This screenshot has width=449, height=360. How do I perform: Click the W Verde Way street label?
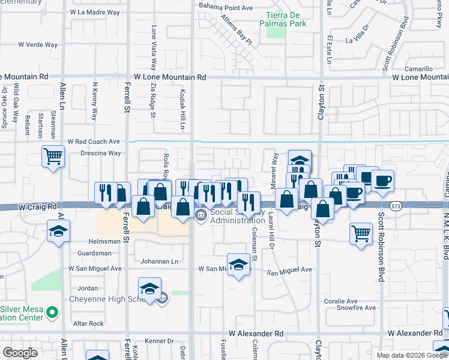38,44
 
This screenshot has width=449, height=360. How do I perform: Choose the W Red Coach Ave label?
94,142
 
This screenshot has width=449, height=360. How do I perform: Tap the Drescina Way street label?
101,153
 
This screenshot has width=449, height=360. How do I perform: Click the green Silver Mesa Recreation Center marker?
52,312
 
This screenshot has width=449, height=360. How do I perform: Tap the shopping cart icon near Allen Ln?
53,157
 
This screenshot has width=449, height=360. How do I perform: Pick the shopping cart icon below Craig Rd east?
361,232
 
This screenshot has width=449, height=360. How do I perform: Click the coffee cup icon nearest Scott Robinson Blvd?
382,179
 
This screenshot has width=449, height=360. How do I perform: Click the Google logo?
20,352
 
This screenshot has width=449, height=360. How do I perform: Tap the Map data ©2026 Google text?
412,355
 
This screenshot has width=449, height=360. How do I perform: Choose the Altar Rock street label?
88,323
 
